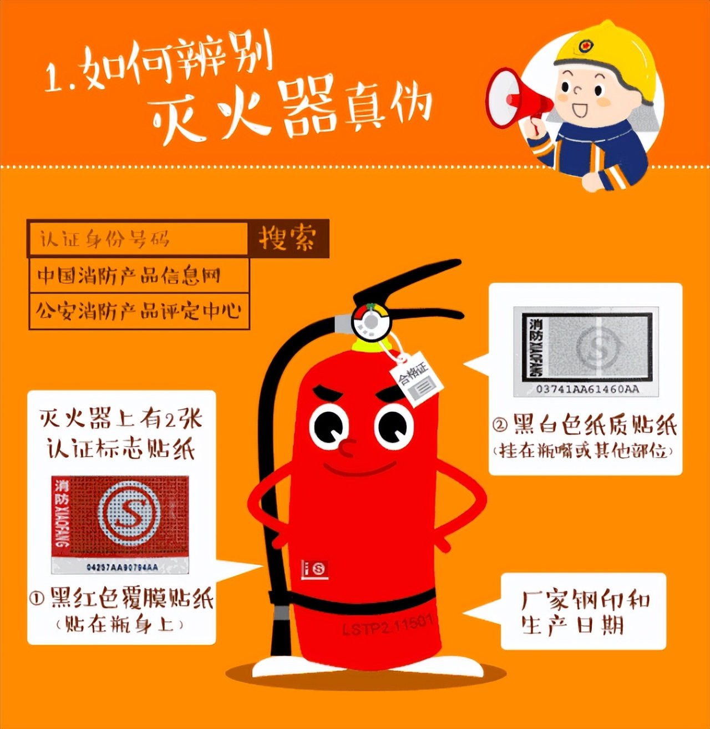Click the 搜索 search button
pyautogui.click(x=288, y=238)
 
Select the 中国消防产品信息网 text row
pyautogui.click(x=139, y=275)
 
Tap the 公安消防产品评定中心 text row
pyautogui.click(x=139, y=311)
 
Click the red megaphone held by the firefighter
pyautogui.click(x=513, y=99)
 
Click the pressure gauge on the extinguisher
pyautogui.click(x=371, y=321)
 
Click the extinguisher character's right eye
pyautogui.click(x=394, y=428)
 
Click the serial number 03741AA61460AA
pyautogui.click(x=587, y=389)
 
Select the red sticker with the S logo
pyautogui.click(x=120, y=515)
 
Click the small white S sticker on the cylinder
pyautogui.click(x=315, y=569)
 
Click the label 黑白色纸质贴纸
pyautogui.click(x=585, y=426)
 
